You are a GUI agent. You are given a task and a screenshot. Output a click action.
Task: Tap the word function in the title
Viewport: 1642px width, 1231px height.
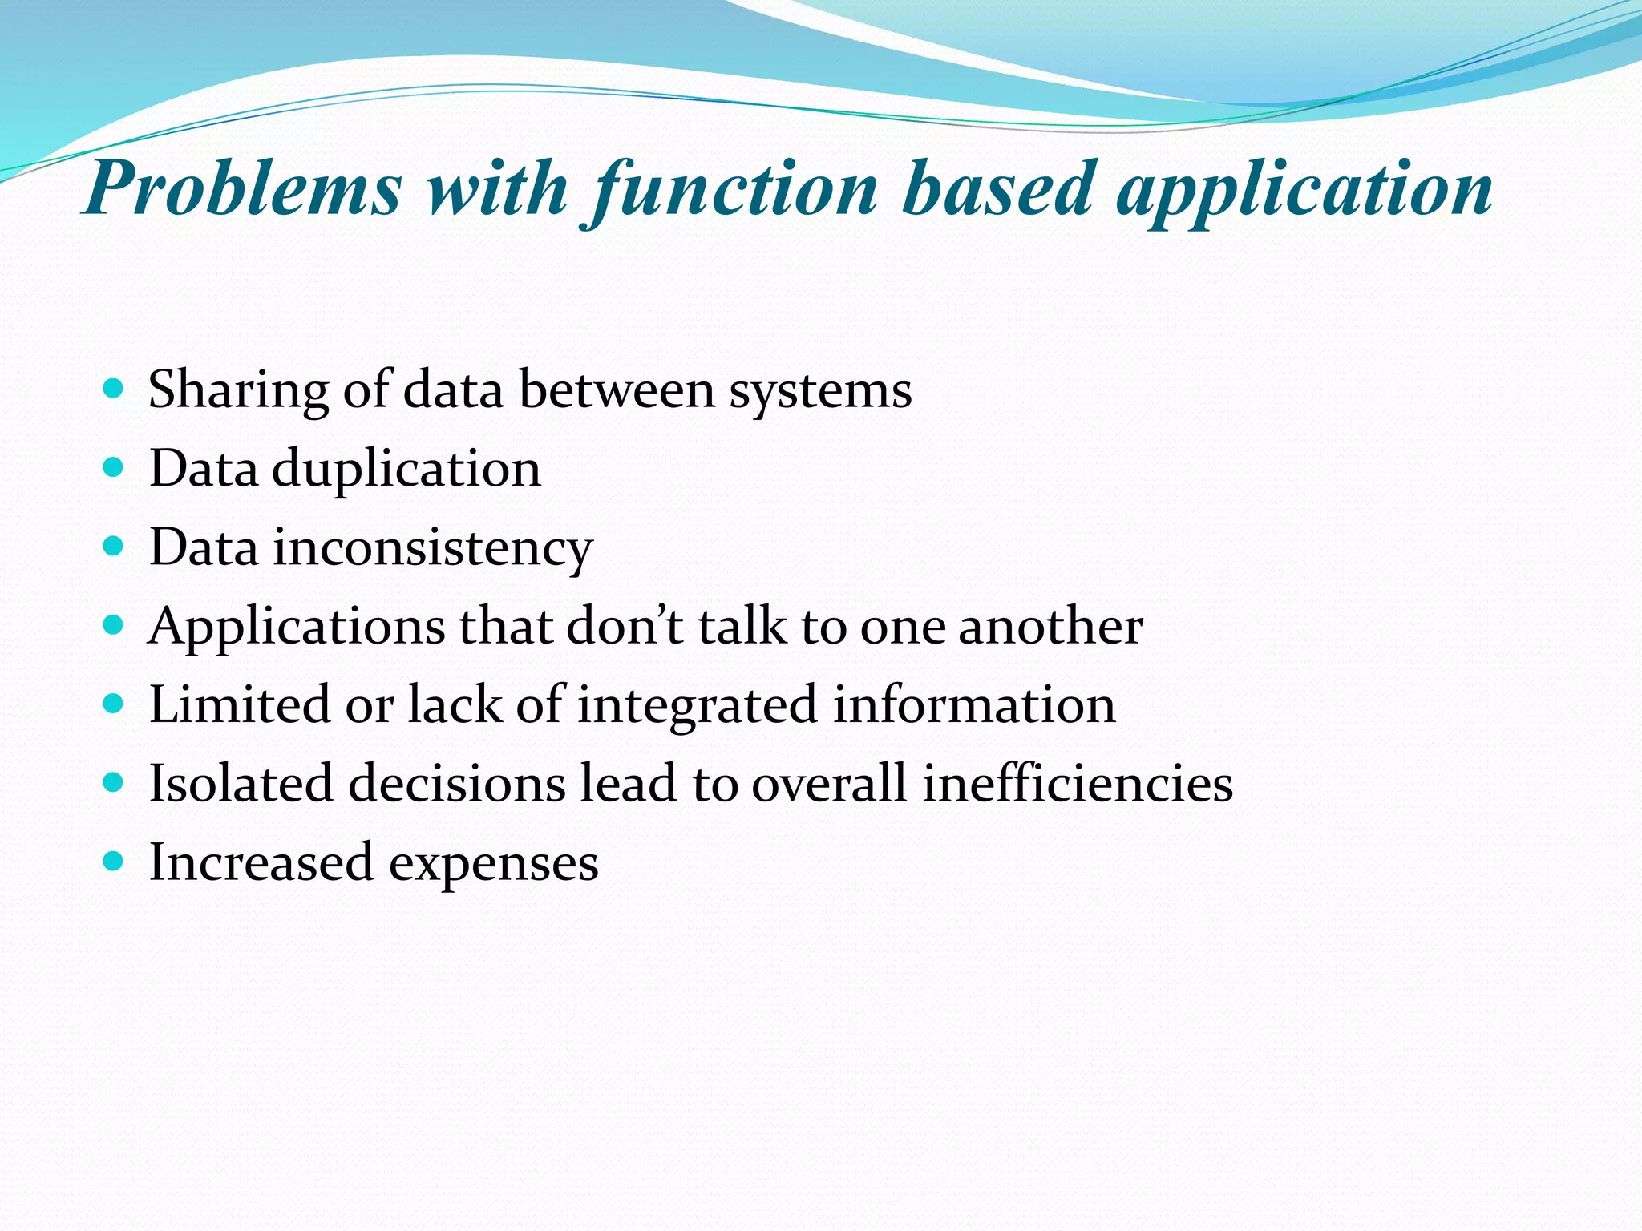pyautogui.click(x=734, y=189)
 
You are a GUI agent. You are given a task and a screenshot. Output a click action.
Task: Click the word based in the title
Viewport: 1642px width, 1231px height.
pyautogui.click(x=997, y=189)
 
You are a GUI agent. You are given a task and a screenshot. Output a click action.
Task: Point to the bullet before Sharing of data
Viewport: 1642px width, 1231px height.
pyautogui.click(x=114, y=389)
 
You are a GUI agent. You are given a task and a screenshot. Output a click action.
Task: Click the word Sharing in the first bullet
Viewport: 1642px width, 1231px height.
pyautogui.click(x=238, y=390)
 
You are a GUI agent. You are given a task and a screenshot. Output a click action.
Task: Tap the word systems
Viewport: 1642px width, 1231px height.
pyautogui.click(x=820, y=390)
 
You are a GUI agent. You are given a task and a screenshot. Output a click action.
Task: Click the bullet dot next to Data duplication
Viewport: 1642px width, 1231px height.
pyautogui.click(x=114, y=468)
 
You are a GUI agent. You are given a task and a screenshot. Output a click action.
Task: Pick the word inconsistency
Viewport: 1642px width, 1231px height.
pyautogui.click(x=432, y=548)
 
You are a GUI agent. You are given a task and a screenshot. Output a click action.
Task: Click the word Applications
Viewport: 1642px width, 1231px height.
pyautogui.click(x=297, y=627)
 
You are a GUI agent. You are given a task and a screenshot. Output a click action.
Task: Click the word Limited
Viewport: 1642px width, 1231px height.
pyautogui.click(x=240, y=704)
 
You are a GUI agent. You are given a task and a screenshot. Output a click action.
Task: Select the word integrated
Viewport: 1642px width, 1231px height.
pyautogui.click(x=697, y=706)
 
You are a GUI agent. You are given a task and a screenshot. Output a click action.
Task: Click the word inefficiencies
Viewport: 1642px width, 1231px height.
pyautogui.click(x=1077, y=783)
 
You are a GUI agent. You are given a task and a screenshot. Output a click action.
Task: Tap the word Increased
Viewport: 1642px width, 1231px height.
pyautogui.click(x=261, y=862)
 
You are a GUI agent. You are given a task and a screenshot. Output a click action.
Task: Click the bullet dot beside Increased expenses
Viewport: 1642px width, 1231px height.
pyautogui.click(x=114, y=862)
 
